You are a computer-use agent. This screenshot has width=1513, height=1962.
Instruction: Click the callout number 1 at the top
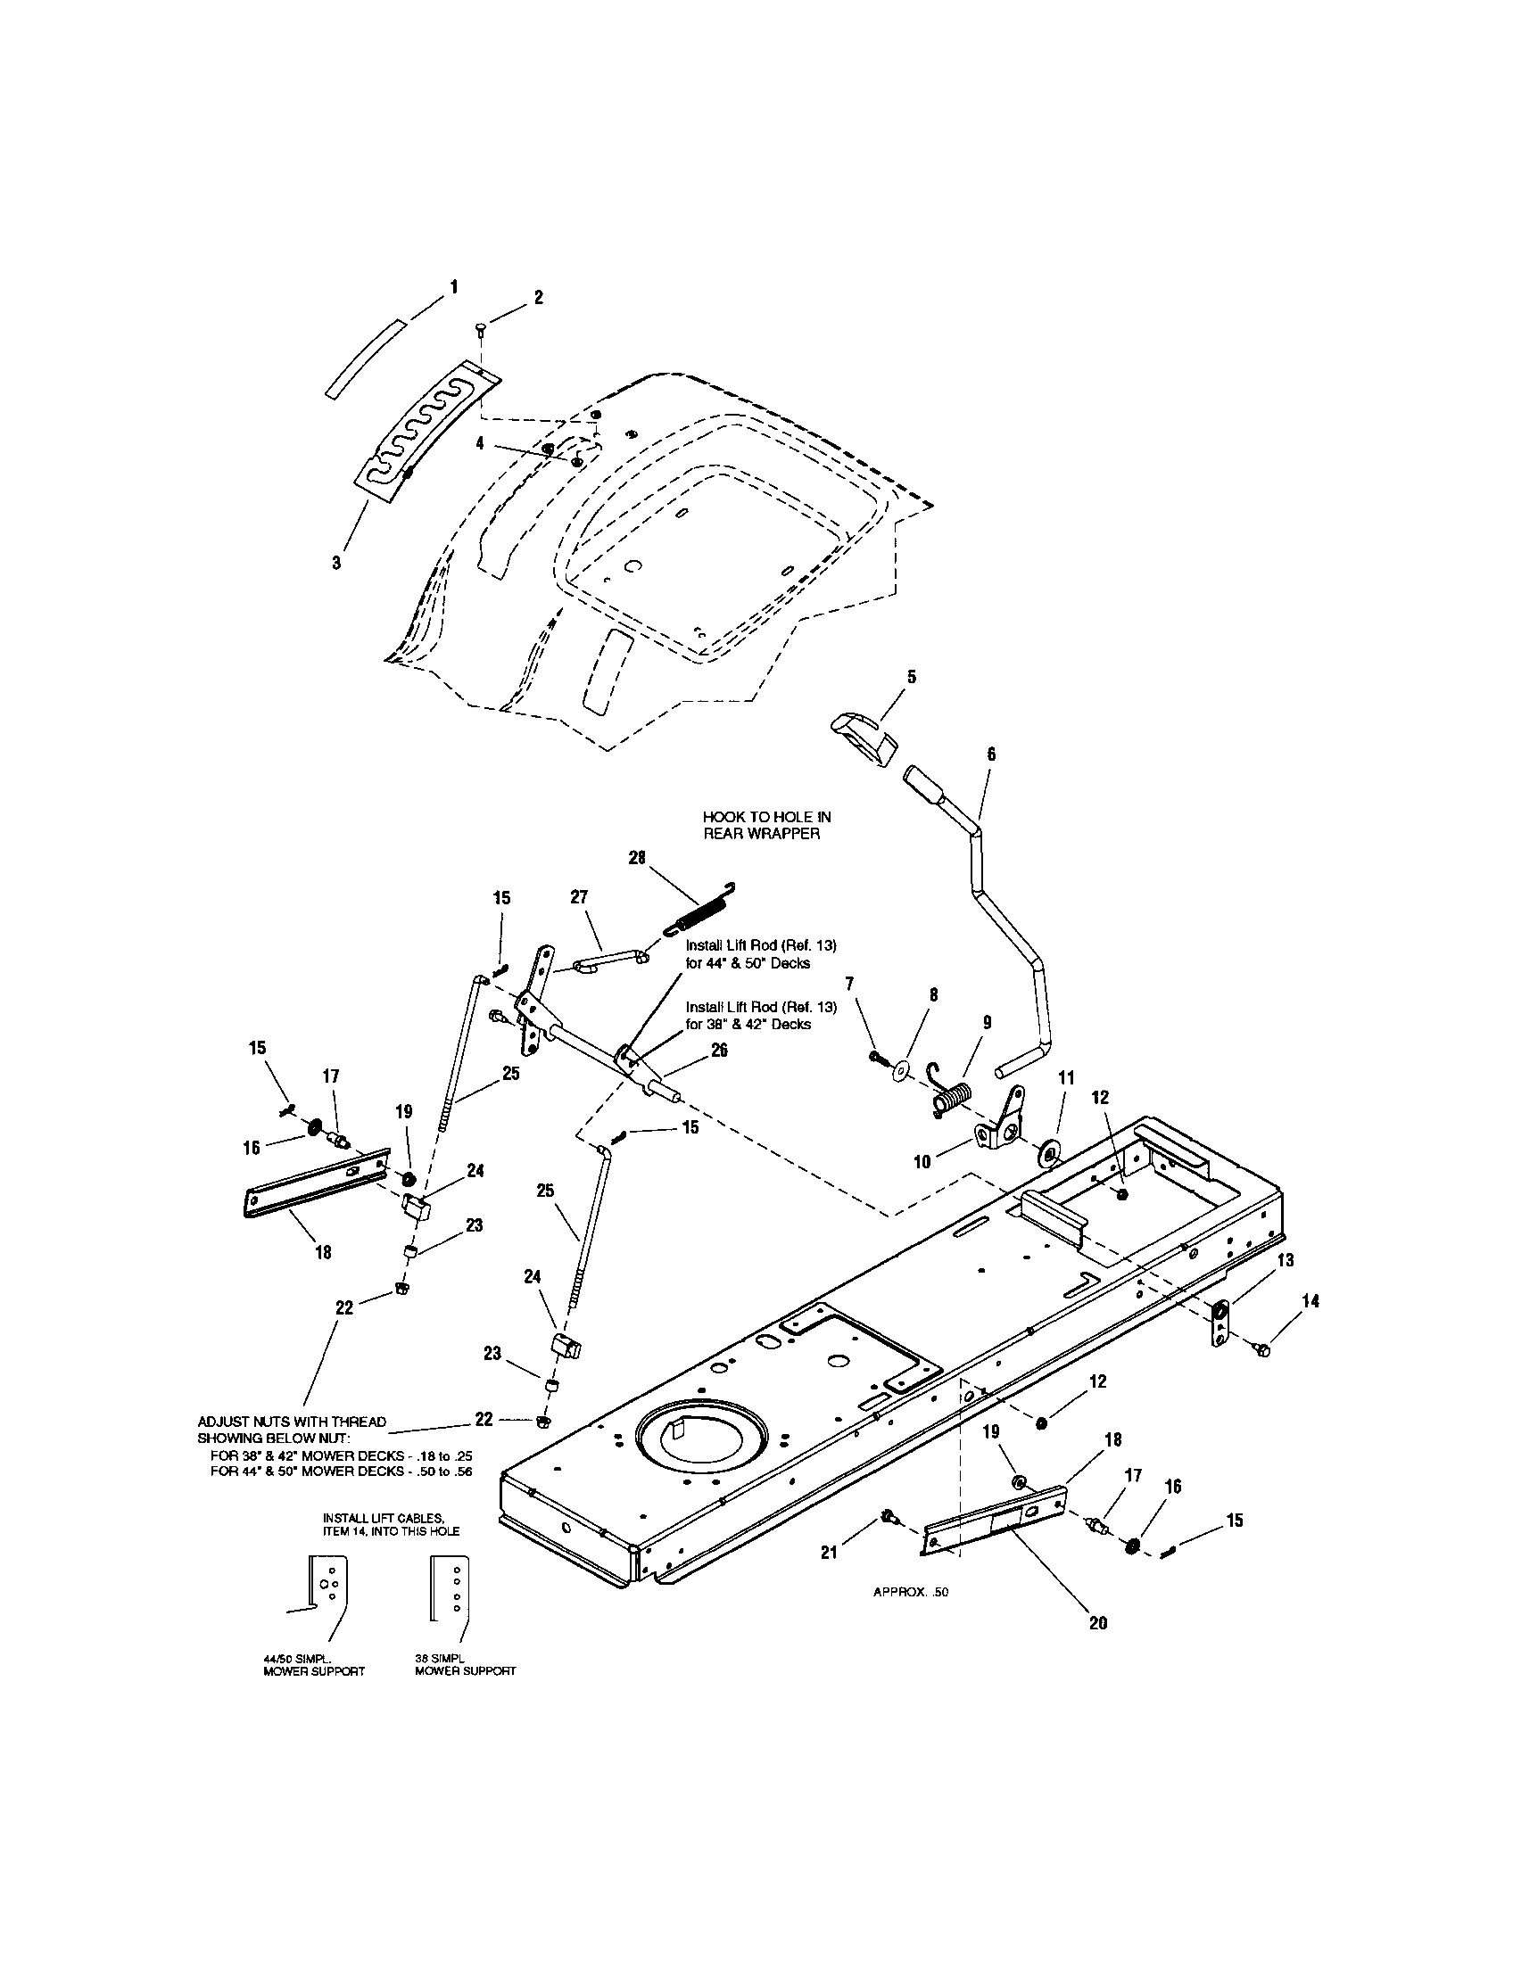pyautogui.click(x=454, y=286)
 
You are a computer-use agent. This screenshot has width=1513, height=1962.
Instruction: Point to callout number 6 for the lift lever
pyautogui.click(x=991, y=754)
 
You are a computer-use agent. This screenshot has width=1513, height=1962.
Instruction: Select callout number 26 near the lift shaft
pyautogui.click(x=720, y=1050)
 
